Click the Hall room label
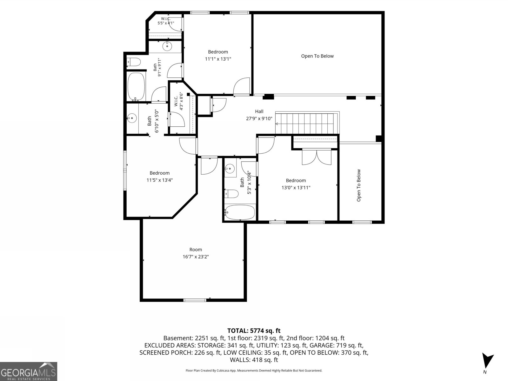(259, 111)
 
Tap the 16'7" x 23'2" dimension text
(196, 257)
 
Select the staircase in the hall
(307, 123)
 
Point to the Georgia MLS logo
(29, 371)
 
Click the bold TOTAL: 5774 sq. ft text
(254, 331)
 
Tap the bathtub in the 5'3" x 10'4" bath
(240, 212)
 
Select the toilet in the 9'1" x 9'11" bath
(134, 62)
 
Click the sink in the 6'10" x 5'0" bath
(132, 118)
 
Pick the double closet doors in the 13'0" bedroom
(317, 157)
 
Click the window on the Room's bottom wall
(195, 300)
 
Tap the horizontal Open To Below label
(317, 56)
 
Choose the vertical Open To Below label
(359, 185)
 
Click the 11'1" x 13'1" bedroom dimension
(218, 59)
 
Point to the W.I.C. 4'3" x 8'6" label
(178, 101)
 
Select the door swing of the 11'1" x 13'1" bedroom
(242, 86)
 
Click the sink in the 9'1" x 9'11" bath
(167, 46)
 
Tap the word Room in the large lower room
(196, 249)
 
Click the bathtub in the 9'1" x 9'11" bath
(136, 87)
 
